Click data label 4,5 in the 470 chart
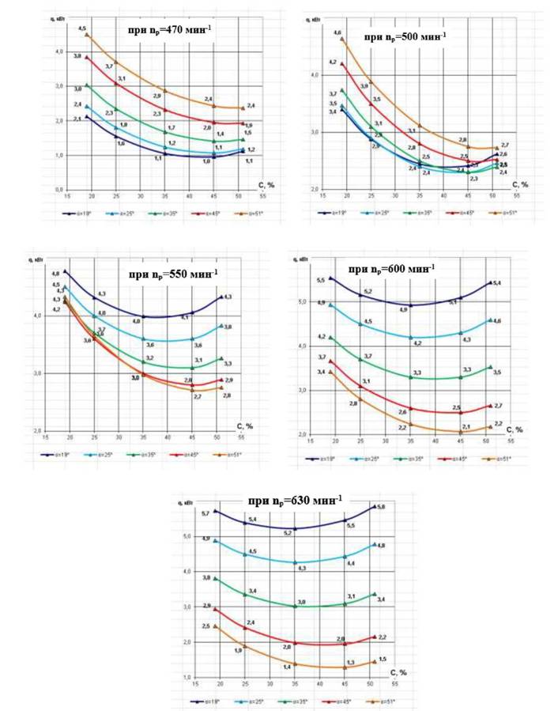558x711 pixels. point(81,28)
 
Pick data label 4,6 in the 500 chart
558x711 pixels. point(337,32)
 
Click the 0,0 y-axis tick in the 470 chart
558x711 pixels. point(58,191)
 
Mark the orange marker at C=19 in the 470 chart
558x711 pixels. point(87,36)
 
